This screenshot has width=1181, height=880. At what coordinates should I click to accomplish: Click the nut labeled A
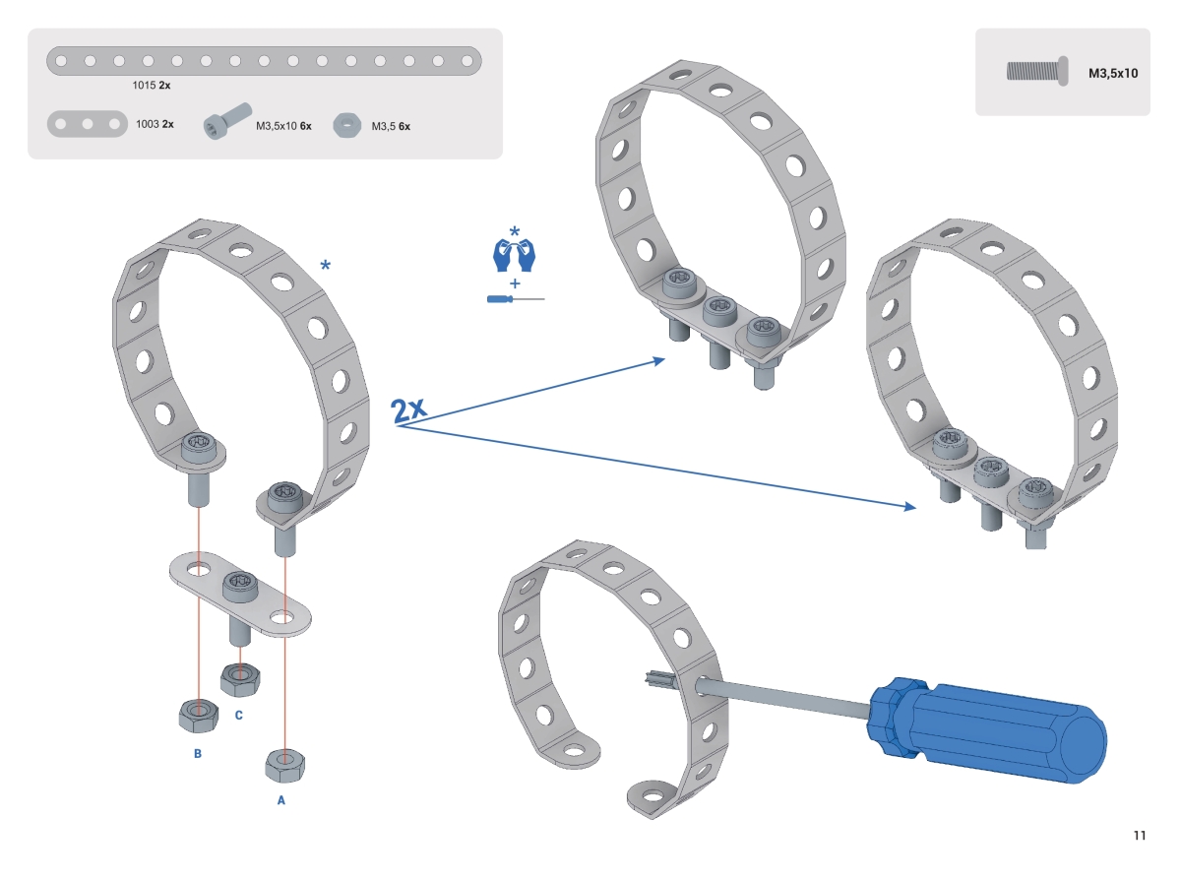click(x=285, y=763)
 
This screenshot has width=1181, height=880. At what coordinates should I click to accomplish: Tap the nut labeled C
click(x=239, y=677)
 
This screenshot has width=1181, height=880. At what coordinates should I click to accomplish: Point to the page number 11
click(x=1140, y=836)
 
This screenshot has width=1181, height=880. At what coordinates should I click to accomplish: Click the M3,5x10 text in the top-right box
click(x=1112, y=73)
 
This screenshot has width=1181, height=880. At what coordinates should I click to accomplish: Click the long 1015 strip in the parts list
click(x=265, y=61)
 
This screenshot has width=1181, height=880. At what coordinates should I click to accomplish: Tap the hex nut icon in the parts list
click(x=345, y=125)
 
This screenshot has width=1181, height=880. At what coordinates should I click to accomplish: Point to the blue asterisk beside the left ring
click(x=326, y=266)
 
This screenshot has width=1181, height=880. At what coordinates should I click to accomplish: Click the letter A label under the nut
click(x=281, y=800)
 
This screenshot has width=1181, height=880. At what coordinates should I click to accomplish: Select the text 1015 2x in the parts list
click(x=152, y=86)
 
